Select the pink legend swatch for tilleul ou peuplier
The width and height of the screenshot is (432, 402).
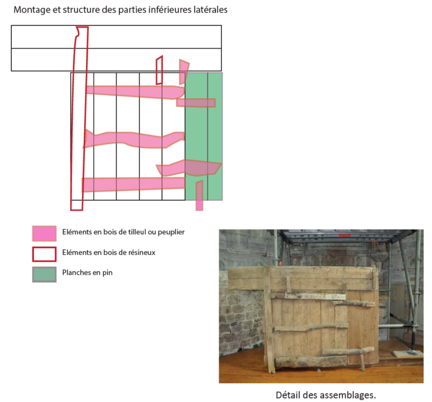pos(44,233)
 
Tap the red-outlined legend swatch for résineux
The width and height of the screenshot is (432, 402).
pos(44,253)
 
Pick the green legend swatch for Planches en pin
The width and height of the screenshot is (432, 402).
pos(44,274)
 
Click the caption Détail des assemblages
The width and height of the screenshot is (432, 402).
pos(326,395)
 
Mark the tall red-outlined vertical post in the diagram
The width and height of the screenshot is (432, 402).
pos(78,119)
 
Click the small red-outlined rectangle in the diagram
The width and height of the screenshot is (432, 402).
pos(159,70)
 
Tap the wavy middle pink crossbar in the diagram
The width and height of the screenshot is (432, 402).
pos(135,139)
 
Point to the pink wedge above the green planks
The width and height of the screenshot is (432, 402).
pos(184,70)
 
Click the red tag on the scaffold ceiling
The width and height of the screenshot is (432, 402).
pos(341,236)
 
